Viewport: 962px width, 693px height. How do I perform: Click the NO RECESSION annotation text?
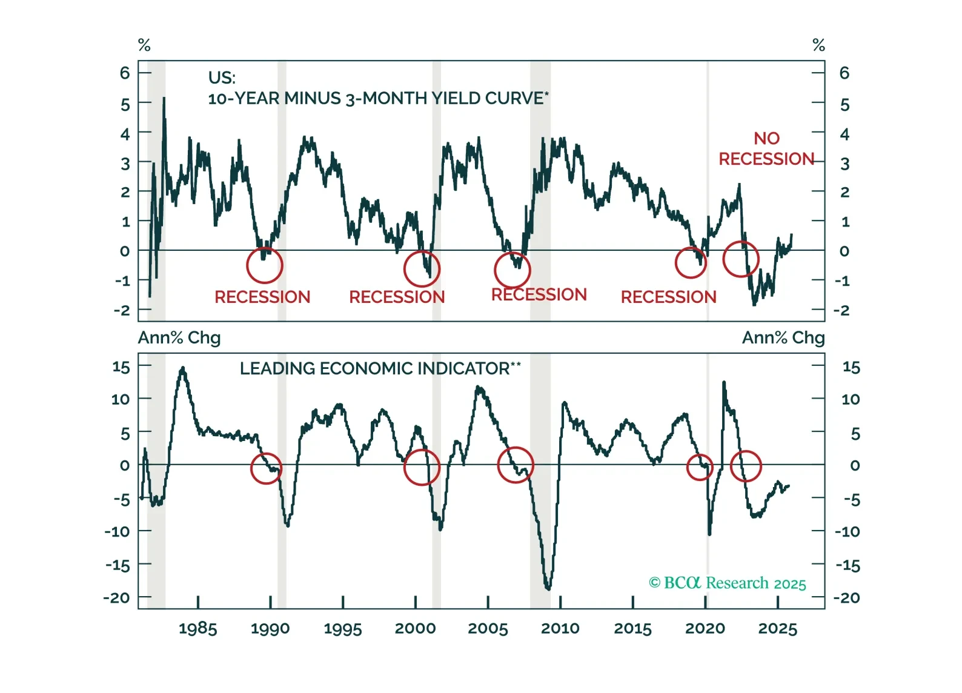(766, 149)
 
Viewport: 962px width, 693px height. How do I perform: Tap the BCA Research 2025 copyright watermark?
(728, 583)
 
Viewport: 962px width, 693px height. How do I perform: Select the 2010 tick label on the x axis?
(560, 628)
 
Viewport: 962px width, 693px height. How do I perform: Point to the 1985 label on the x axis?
(197, 628)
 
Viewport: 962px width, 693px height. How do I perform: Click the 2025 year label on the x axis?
(777, 628)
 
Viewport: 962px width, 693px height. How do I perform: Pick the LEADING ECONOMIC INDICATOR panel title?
(380, 368)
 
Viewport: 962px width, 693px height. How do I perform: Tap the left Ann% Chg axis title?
(179, 337)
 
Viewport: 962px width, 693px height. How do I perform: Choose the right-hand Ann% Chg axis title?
(783, 337)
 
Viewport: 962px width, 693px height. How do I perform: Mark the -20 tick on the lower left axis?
(116, 597)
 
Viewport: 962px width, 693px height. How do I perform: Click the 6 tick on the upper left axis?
(125, 73)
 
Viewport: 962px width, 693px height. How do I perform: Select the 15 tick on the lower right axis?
(851, 368)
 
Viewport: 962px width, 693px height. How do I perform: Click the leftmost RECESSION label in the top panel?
(262, 297)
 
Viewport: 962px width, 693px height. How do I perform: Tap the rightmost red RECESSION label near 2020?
(668, 297)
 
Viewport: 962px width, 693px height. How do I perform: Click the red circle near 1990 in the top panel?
(265, 265)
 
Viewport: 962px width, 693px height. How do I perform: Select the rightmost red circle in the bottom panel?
(746, 466)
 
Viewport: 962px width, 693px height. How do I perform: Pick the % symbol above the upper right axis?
(818, 45)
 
